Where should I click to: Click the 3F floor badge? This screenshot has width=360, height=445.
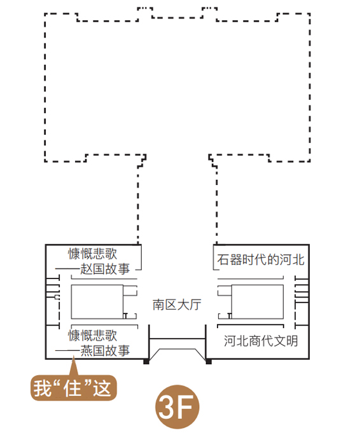click(x=177, y=407)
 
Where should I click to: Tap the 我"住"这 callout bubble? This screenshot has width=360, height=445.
click(x=74, y=388)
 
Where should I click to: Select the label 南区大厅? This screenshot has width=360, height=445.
click(x=177, y=305)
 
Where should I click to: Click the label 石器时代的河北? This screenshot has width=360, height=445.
click(x=261, y=259)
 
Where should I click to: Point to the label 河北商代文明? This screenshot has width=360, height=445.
click(x=261, y=341)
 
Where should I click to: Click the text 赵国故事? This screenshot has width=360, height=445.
click(x=105, y=269)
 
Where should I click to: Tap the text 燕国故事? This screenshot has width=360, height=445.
click(x=105, y=351)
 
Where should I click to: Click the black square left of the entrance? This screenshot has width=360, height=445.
click(x=146, y=361)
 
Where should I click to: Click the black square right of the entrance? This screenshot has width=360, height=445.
click(x=209, y=361)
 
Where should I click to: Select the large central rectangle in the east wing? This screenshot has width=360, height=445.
click(x=257, y=302)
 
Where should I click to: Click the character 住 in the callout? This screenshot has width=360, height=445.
click(x=73, y=388)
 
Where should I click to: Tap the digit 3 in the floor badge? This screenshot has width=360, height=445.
click(x=168, y=407)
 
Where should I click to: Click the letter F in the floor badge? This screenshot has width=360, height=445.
click(x=186, y=407)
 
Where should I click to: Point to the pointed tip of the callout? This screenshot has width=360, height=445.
click(x=73, y=357)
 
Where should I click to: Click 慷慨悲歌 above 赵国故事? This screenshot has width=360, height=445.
click(x=93, y=254)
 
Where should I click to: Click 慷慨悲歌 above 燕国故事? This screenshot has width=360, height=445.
click(x=93, y=336)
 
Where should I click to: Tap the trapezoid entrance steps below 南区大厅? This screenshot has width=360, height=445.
click(x=177, y=349)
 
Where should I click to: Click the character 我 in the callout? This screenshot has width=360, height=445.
click(x=43, y=388)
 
